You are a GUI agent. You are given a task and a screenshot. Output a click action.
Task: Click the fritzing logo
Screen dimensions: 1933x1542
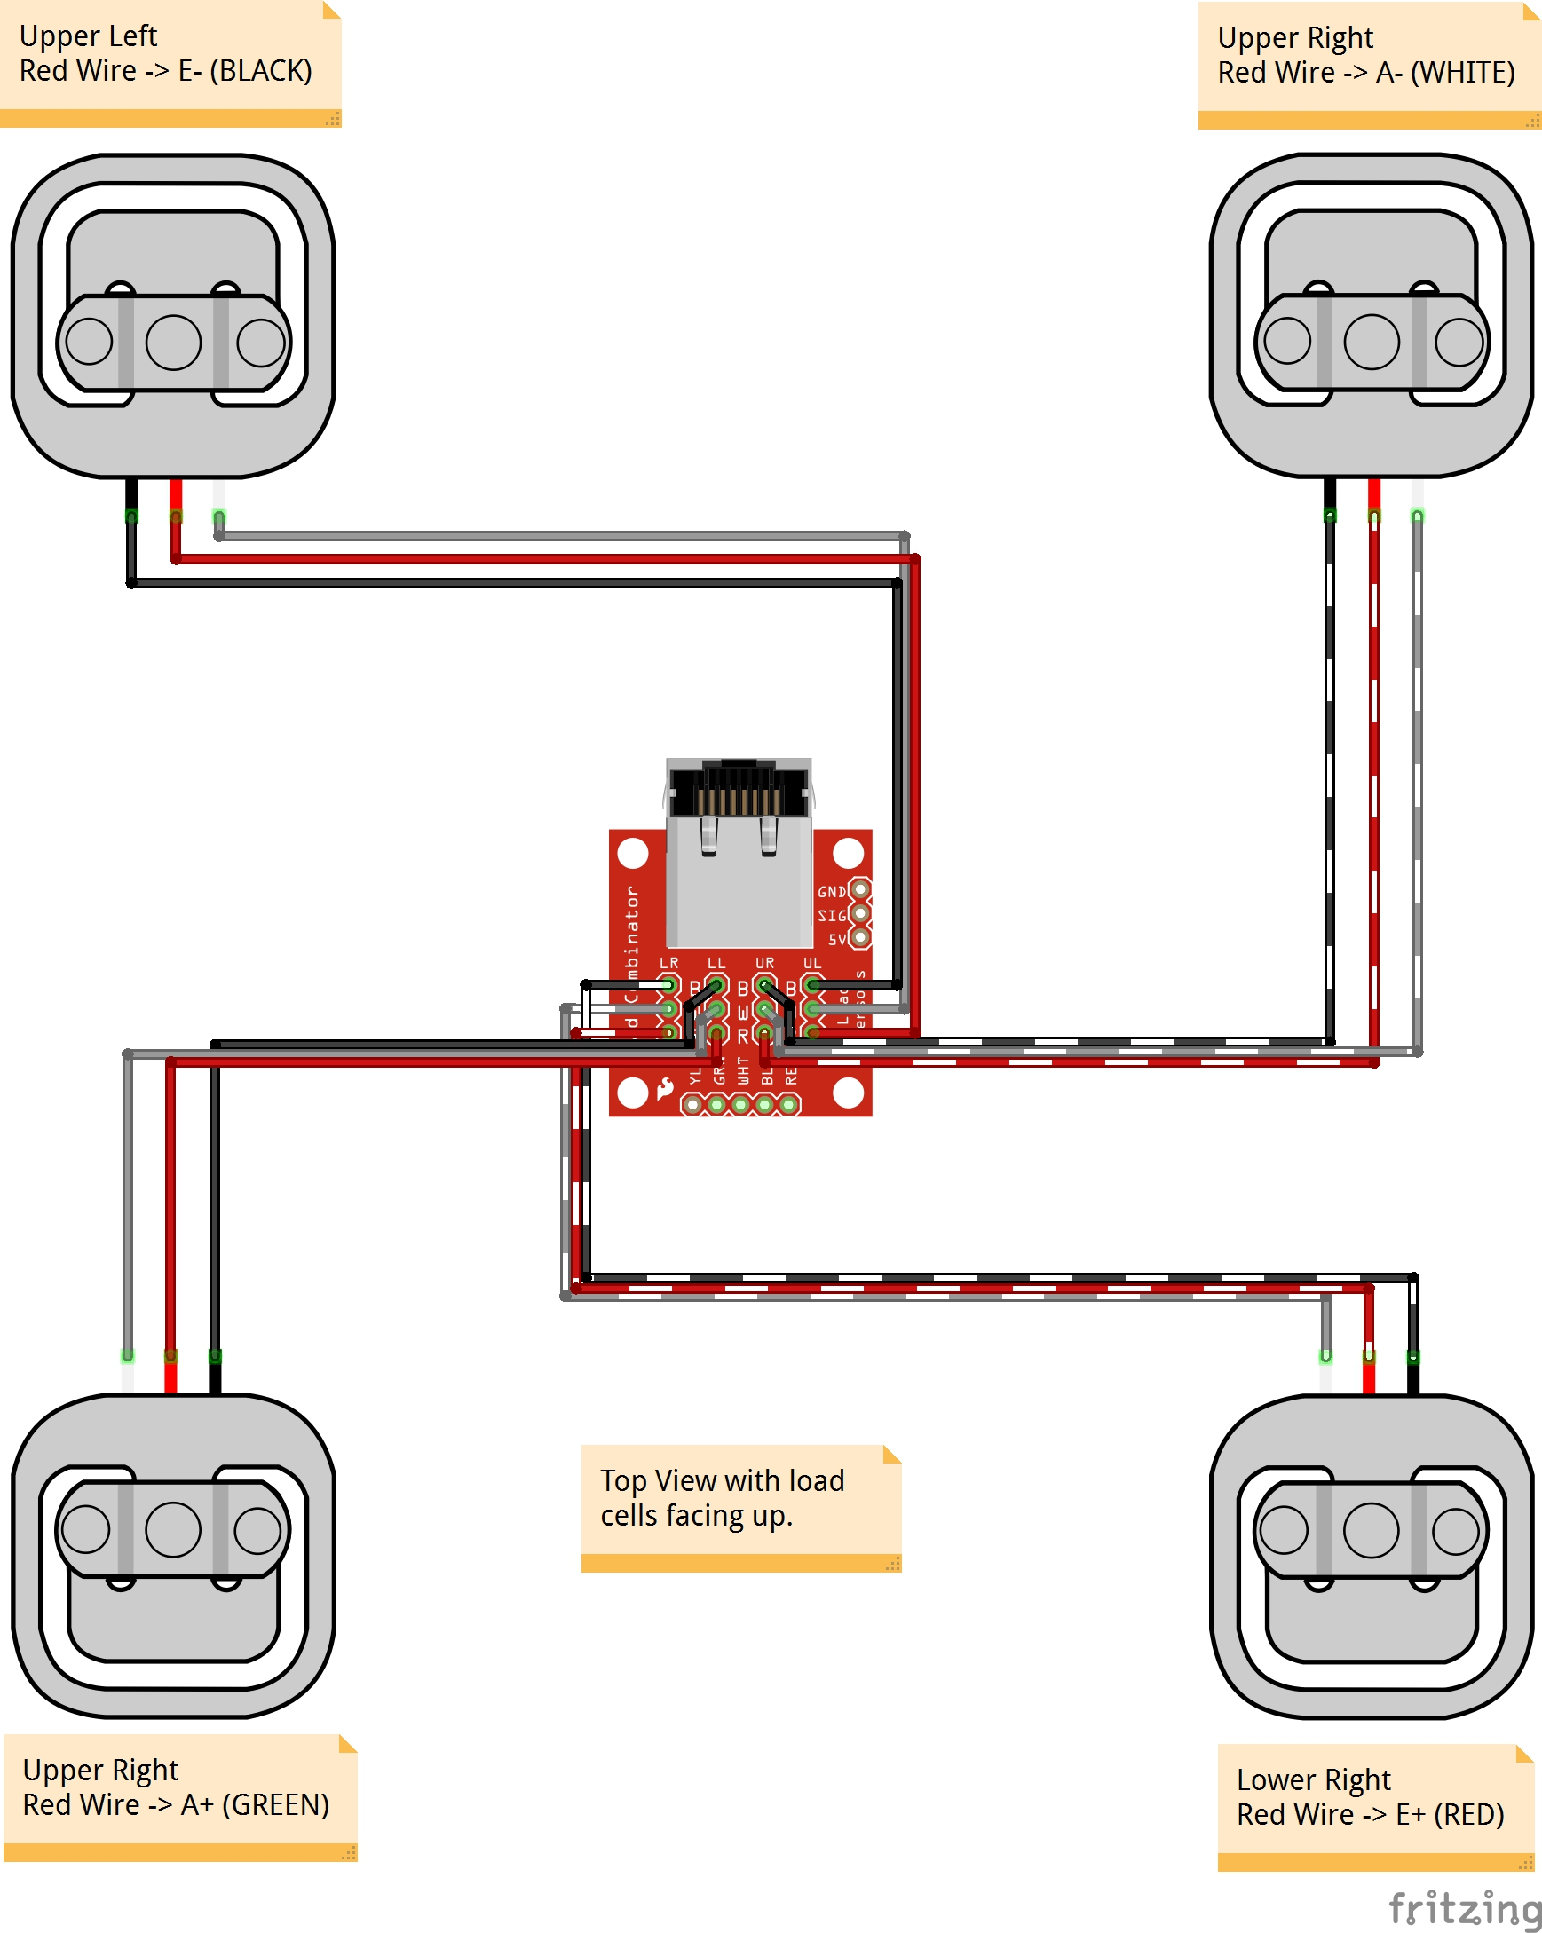click(x=1464, y=1908)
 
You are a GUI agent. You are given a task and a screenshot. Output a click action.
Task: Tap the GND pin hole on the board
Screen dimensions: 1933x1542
click(x=860, y=890)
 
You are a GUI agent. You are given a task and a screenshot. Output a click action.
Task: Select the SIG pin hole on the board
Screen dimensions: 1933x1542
click(x=860, y=913)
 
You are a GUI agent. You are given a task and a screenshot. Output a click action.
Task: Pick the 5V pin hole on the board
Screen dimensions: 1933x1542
click(x=860, y=938)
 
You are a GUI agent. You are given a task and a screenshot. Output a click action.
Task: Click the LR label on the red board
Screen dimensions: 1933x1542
click(x=669, y=963)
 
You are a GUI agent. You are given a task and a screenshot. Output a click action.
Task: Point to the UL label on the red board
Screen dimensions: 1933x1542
click(x=811, y=963)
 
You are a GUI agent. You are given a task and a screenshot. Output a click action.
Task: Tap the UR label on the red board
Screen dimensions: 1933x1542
click(x=764, y=963)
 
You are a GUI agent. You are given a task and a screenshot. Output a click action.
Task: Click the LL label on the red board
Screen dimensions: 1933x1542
click(x=716, y=963)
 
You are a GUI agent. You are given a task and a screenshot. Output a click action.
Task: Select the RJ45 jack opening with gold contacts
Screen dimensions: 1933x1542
click(x=739, y=793)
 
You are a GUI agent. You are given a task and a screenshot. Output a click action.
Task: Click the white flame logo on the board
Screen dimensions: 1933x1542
click(x=665, y=1088)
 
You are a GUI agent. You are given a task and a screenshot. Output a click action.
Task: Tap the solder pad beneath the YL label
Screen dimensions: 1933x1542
click(x=693, y=1105)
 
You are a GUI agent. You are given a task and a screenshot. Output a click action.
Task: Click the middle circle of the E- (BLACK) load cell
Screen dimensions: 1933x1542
click(x=173, y=343)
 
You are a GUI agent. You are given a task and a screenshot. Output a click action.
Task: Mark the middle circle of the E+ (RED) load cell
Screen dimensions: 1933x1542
click(x=1371, y=1530)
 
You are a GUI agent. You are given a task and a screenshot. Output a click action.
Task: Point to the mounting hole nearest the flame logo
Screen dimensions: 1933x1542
click(x=632, y=1093)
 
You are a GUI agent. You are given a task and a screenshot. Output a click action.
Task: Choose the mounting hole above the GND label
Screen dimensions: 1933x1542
click(x=848, y=853)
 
